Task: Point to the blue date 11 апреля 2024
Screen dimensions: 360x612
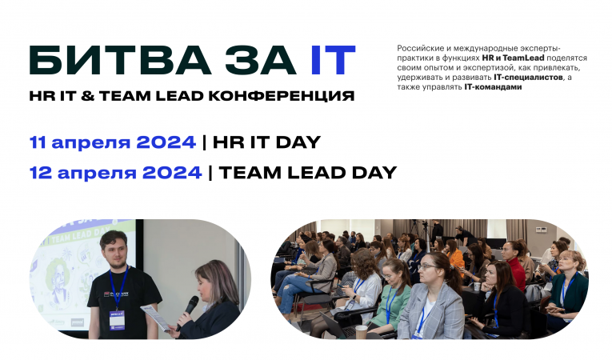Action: (112, 142)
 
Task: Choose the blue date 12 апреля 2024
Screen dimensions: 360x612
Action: (115, 172)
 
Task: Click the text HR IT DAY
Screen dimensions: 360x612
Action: (266, 142)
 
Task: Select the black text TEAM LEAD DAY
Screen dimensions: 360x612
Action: (307, 172)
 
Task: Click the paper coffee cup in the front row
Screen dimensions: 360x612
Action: (361, 331)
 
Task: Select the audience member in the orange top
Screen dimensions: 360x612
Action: (456, 257)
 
